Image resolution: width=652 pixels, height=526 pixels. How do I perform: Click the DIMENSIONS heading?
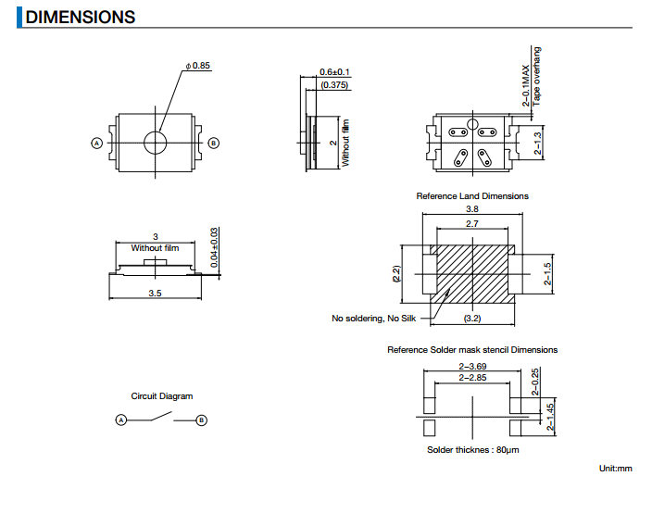[x=80, y=17]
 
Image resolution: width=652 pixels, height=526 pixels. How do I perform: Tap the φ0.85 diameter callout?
[x=198, y=66]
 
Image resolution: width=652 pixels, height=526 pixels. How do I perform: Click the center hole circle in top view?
[x=156, y=143]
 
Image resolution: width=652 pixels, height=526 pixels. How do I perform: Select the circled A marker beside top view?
[x=95, y=143]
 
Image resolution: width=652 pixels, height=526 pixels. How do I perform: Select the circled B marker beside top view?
[x=214, y=143]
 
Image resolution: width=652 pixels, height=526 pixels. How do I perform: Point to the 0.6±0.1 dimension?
[x=334, y=72]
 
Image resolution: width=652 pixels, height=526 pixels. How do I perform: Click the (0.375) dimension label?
[x=333, y=85]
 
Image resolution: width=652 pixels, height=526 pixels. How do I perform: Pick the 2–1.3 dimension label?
[x=537, y=144]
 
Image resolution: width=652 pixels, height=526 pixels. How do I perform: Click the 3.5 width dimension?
[x=155, y=294]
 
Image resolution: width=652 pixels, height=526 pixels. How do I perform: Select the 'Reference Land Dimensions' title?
[x=472, y=196]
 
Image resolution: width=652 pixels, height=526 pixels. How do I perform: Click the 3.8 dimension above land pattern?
[x=471, y=210]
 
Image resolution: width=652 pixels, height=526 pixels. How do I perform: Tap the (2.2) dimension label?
[x=395, y=274]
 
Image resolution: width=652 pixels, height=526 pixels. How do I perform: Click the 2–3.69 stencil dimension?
[x=472, y=367]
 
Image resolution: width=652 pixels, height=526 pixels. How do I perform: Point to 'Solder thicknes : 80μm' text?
[x=472, y=450]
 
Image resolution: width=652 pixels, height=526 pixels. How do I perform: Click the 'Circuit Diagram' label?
[x=162, y=396]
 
